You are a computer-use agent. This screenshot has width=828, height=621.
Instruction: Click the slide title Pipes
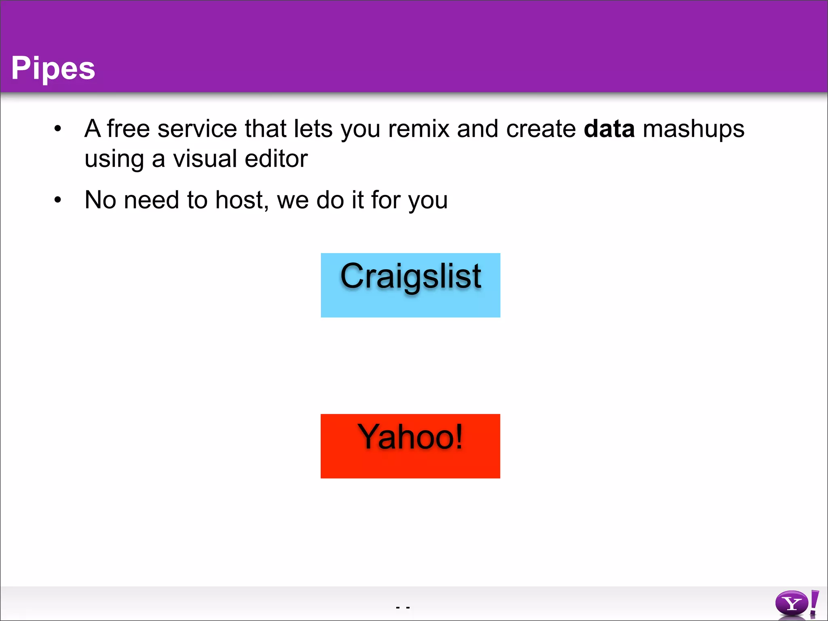[53, 68]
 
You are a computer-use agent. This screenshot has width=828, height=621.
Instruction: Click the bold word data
[609, 129]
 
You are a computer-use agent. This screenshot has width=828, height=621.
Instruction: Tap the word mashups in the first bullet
[693, 130]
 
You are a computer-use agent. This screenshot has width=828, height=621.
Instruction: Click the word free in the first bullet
[128, 129]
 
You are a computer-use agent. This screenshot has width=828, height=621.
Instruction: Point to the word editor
[276, 158]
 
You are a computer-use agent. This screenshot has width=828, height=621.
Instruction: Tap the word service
[197, 129]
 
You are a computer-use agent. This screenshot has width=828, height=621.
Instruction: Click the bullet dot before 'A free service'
[58, 129]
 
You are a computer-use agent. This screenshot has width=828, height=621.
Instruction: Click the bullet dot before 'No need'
[58, 200]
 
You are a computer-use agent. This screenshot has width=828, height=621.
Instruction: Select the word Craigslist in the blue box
[410, 277]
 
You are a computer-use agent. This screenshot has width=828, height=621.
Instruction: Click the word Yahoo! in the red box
[410, 437]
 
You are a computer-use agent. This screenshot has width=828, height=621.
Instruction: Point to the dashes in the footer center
[403, 607]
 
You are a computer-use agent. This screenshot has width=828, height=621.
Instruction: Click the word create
[541, 129]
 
